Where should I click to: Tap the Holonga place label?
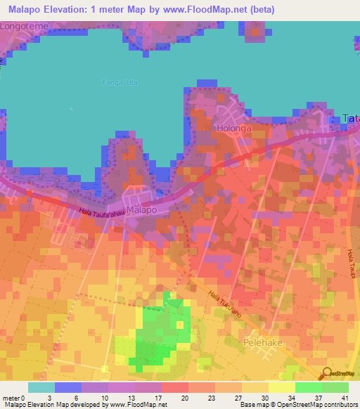(x=233, y=129)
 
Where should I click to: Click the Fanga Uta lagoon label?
(x=121, y=82)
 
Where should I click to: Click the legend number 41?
(x=344, y=398)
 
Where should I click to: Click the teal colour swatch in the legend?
(x=41, y=387)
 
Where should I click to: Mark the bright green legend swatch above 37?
(x=308, y=387)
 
